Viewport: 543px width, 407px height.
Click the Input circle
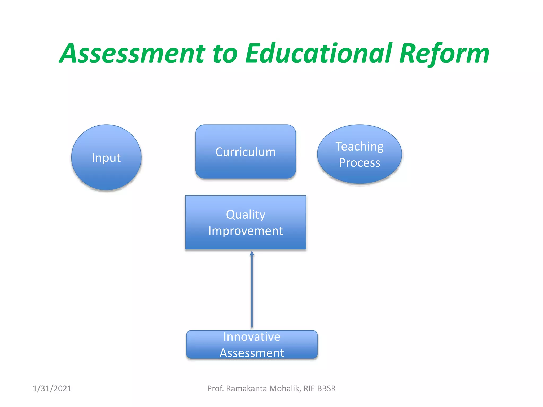tap(106, 157)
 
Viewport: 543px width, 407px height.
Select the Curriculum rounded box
tap(246, 152)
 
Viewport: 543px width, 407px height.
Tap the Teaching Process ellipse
tap(360, 154)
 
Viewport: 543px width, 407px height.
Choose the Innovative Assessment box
tap(252, 344)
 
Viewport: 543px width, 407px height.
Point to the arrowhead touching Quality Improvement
tap(252, 254)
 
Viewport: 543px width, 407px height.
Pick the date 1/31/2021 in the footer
tap(52, 388)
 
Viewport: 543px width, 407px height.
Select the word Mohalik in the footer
tap(285, 388)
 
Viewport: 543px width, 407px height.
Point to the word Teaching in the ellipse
tap(360, 147)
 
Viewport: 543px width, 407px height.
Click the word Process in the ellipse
tap(360, 163)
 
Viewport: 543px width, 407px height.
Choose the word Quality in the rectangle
tap(246, 215)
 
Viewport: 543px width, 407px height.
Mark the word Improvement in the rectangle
tap(246, 231)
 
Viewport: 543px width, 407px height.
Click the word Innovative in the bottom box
tap(252, 337)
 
